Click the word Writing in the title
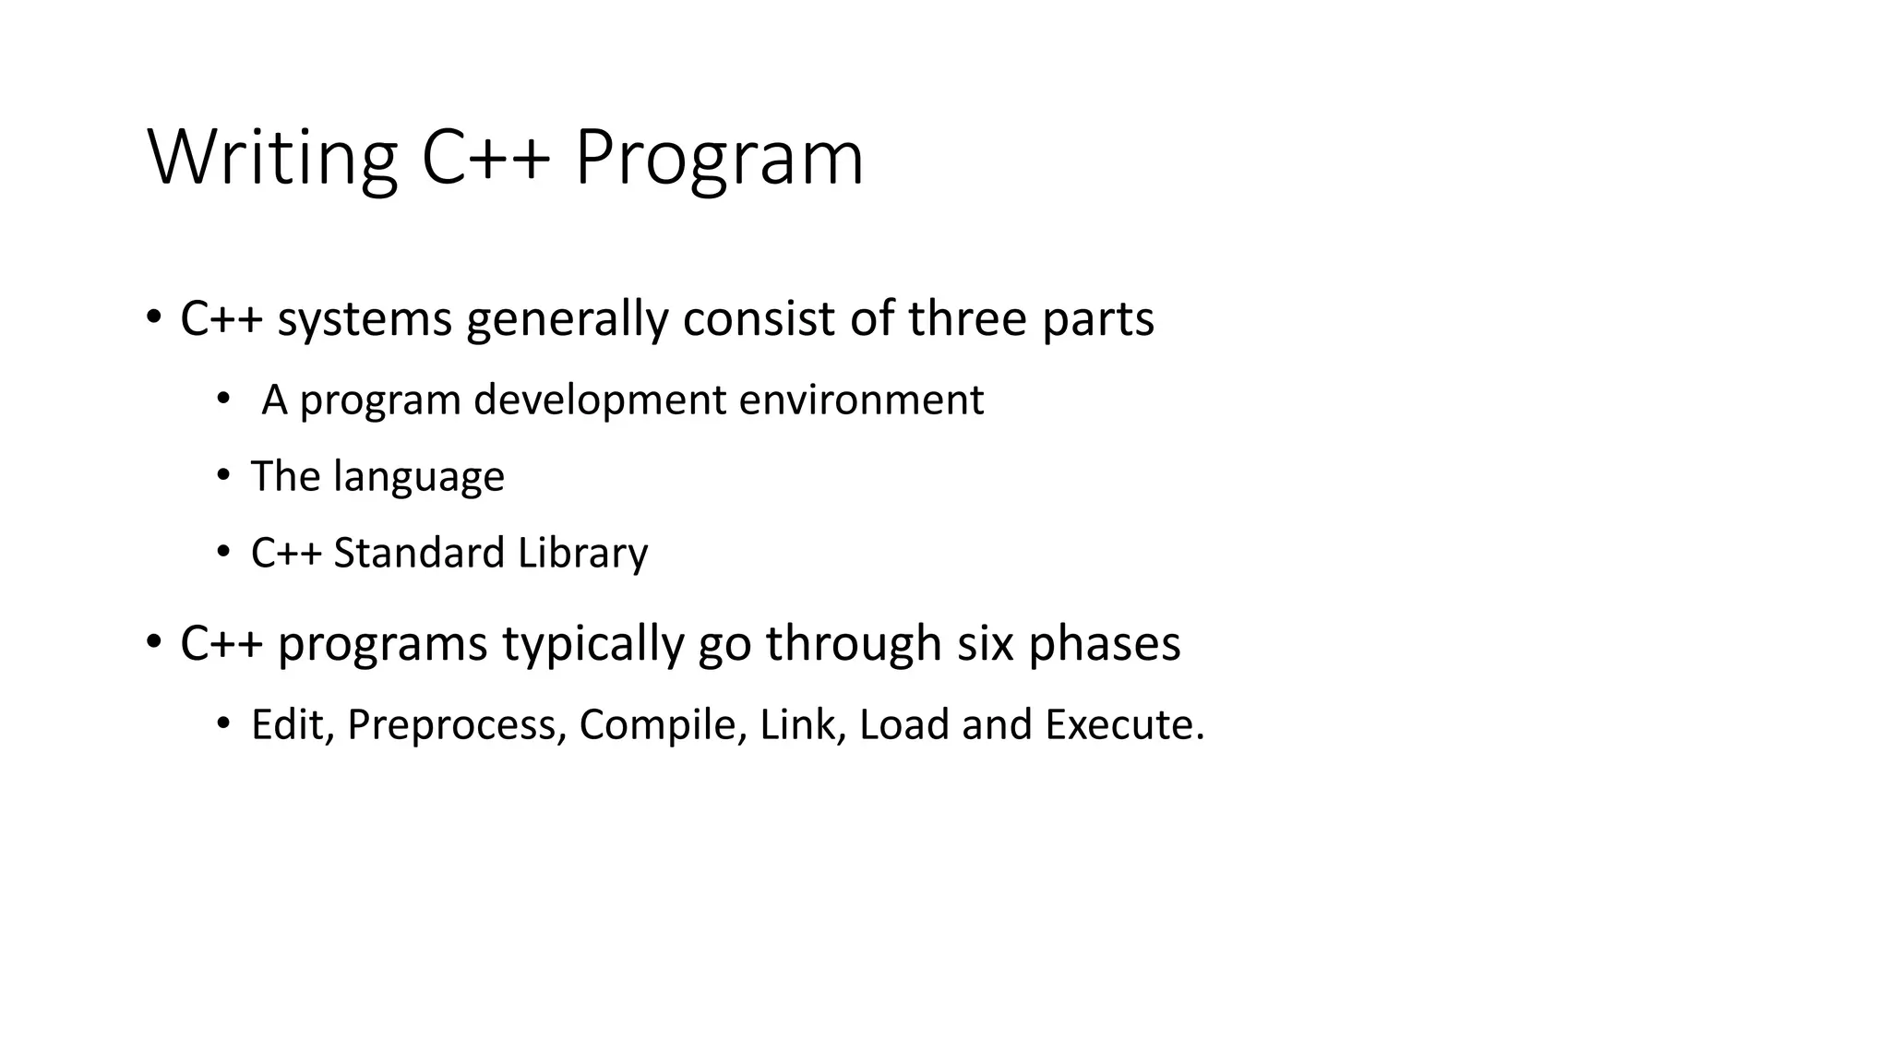click(x=272, y=158)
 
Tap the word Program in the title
click(x=719, y=158)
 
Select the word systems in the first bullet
click(x=365, y=319)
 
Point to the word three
click(x=967, y=319)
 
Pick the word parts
click(x=1098, y=319)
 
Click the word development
click(x=600, y=400)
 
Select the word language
click(x=419, y=477)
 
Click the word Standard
click(x=419, y=554)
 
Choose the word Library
click(x=582, y=554)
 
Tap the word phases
click(x=1104, y=644)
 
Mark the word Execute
click(x=1124, y=725)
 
